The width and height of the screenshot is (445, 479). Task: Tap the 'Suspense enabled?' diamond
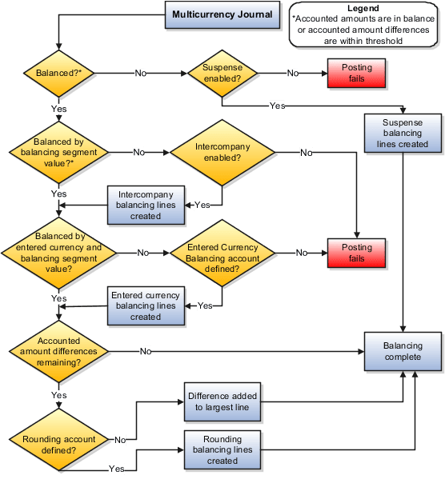tap(222, 73)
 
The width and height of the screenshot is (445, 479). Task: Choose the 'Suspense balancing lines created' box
tap(403, 134)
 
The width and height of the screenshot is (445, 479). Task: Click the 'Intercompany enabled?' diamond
tap(222, 152)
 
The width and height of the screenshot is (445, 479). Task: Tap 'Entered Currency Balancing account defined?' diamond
tap(222, 253)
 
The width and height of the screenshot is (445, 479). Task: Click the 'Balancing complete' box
tap(403, 351)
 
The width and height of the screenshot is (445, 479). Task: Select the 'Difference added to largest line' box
tap(221, 401)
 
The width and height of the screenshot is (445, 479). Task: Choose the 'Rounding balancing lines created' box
tap(222, 449)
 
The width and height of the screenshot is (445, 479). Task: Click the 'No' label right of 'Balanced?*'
tap(141, 73)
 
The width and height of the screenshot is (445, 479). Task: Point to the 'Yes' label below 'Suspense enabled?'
tap(277, 106)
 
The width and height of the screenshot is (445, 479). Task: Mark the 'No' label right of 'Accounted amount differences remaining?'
tap(146, 351)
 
